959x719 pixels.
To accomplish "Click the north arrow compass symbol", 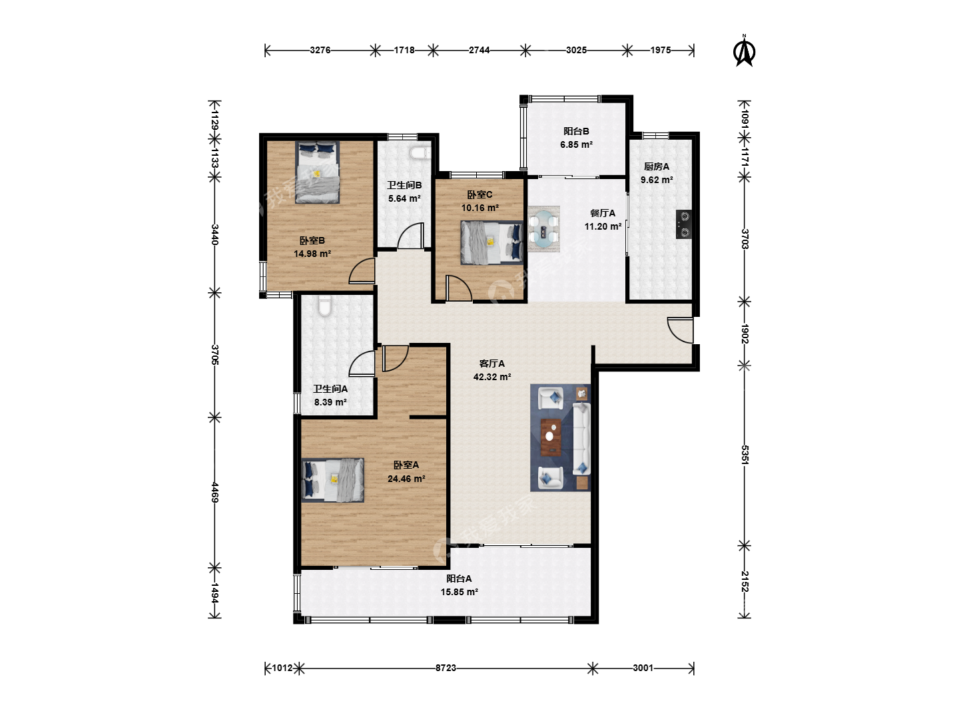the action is tap(744, 51).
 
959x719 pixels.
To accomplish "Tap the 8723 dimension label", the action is tap(446, 668).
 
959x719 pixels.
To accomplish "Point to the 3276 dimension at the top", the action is tap(320, 50).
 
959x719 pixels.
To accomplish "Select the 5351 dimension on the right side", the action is tap(745, 455).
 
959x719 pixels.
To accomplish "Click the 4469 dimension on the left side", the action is tap(214, 492).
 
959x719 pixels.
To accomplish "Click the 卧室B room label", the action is tap(312, 240).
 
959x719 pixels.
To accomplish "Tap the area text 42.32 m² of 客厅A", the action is tap(492, 377).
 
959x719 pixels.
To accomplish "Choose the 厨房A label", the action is tap(656, 166).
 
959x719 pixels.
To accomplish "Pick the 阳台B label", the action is tap(576, 131).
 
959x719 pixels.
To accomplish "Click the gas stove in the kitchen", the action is tap(684, 224).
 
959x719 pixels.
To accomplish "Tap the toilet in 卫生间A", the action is tap(324, 306).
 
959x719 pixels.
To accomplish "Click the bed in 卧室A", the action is tap(333, 480).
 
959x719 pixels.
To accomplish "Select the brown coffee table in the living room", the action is tap(551, 437).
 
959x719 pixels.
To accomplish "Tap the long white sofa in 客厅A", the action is tap(581, 439).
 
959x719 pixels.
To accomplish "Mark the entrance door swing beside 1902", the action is tap(680, 330).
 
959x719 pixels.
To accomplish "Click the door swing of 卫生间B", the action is tap(411, 236).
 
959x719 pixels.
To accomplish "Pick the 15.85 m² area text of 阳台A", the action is tap(459, 592).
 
